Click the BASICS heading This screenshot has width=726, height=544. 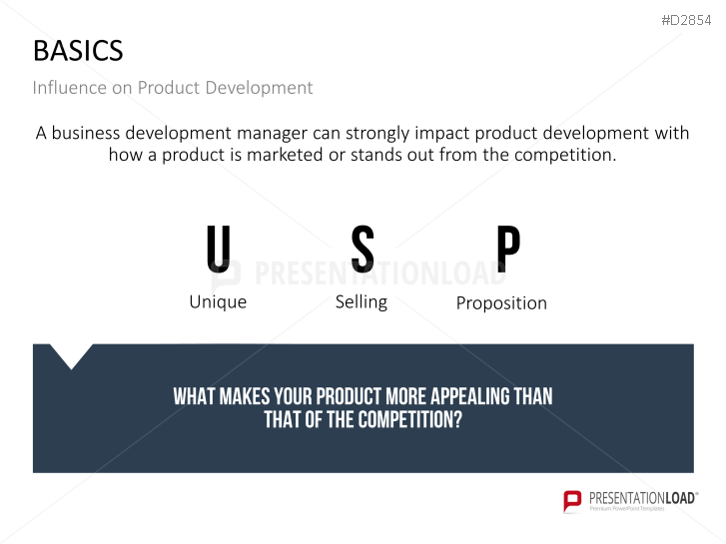point(78,51)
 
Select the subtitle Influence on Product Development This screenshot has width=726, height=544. point(172,88)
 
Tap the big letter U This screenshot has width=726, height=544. point(219,251)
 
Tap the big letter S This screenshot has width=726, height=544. point(363,251)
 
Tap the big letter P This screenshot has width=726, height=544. point(508,251)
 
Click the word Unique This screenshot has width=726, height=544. point(218,301)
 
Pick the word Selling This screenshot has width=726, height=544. point(361,301)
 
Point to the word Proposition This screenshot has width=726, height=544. point(501,302)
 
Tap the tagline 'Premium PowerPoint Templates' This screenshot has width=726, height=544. point(639,510)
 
